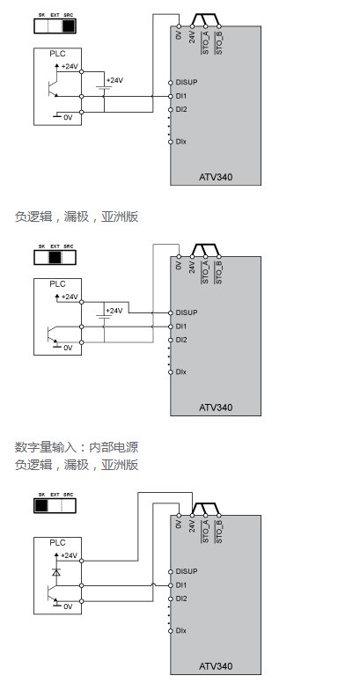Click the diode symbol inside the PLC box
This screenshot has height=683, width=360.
(x=55, y=571)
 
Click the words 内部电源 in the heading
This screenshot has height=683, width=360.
(x=114, y=447)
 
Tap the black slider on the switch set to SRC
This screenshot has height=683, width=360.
(x=69, y=26)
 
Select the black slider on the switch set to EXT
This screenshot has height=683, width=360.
(x=55, y=258)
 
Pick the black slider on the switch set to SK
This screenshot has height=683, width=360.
(x=41, y=506)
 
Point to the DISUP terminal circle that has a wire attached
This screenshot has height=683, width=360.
(x=172, y=312)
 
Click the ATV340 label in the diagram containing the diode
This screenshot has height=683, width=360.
(x=216, y=666)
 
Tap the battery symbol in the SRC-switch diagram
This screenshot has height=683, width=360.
(x=104, y=88)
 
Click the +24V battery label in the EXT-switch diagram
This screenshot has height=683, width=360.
(x=114, y=311)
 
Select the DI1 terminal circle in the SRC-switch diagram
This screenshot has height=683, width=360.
(x=172, y=96)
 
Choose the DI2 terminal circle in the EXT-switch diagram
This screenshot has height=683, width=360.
(x=172, y=340)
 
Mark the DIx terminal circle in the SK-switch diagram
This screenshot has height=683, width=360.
(x=172, y=631)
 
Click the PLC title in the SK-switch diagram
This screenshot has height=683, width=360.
(x=57, y=543)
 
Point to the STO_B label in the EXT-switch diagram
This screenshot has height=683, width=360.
(x=219, y=273)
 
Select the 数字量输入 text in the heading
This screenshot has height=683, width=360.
(x=40, y=447)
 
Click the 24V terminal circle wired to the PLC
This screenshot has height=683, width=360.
(x=192, y=515)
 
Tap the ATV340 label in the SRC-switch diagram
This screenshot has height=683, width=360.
(x=216, y=177)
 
